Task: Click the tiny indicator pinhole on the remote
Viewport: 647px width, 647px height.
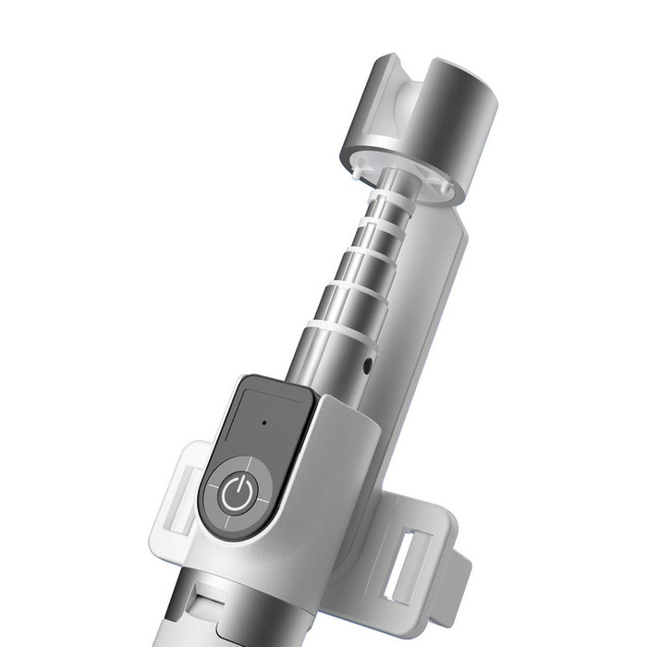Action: pyautogui.click(x=264, y=423)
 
